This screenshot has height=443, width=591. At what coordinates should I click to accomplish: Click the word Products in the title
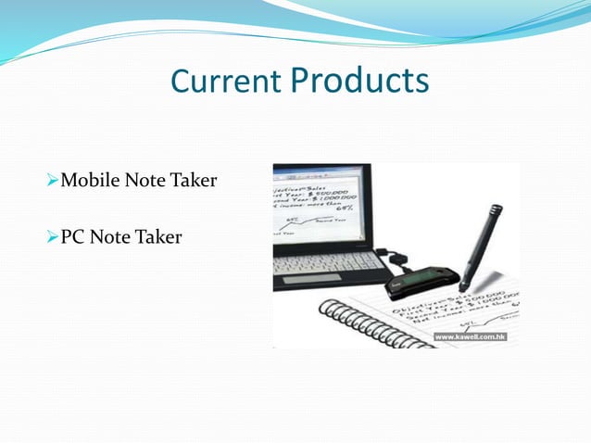click(359, 82)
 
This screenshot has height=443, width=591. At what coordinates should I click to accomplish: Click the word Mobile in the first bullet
click(88, 180)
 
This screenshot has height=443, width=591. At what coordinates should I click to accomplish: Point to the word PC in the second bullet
click(73, 238)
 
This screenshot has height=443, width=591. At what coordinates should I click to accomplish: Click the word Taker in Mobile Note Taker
click(194, 180)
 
